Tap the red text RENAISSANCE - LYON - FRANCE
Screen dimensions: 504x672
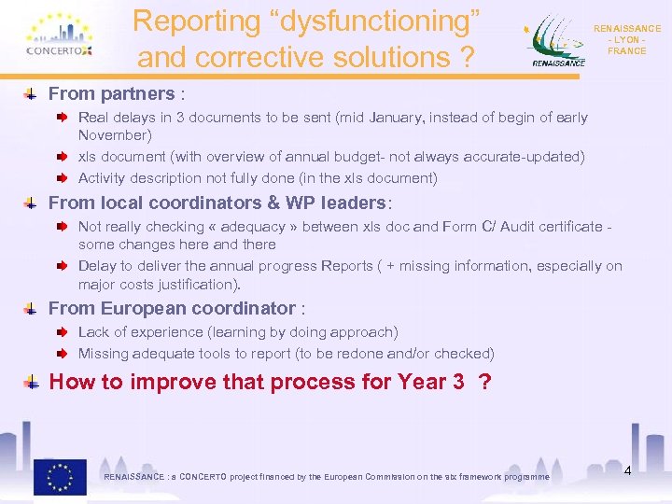[626, 40]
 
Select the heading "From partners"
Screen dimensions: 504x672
[111, 93]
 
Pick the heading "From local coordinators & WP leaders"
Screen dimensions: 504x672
[217, 203]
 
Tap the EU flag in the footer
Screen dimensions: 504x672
[61, 476]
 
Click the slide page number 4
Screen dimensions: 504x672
[627, 470]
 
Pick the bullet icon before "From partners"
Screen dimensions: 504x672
[32, 93]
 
